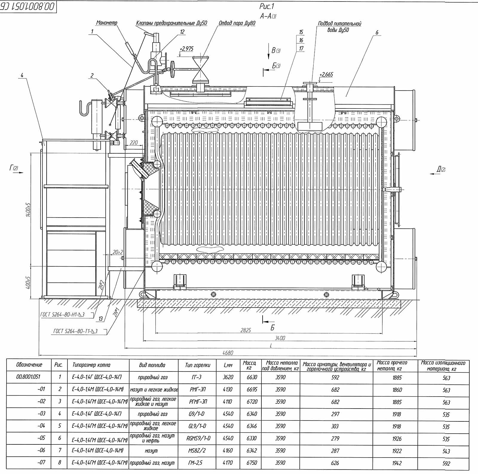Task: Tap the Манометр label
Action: coord(107,23)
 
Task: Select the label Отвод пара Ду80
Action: coord(237,23)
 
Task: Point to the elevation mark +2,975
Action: coord(187,49)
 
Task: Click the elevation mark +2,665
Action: coord(326,74)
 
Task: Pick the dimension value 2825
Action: coord(246,330)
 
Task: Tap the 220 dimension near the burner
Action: coord(134,143)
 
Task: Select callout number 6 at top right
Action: coord(377,33)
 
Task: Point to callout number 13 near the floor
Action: coord(101,319)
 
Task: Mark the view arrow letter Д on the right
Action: coord(439,169)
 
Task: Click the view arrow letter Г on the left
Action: coord(11,168)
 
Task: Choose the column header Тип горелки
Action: coord(198,365)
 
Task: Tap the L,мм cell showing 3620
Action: coord(228,377)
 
